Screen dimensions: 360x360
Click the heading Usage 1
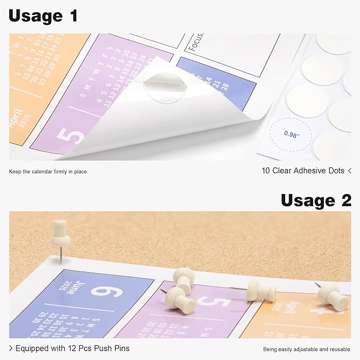tap(43, 16)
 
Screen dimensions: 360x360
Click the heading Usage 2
tap(315, 200)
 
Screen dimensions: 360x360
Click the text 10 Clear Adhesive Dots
tap(302, 171)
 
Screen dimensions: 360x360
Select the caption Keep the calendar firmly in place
tap(49, 171)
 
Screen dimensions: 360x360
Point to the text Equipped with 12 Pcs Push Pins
tap(72, 348)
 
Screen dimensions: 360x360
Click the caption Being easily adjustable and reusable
tap(307, 349)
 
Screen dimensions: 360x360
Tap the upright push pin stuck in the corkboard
tap(60, 233)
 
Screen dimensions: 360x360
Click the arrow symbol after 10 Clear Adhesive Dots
tap(349, 171)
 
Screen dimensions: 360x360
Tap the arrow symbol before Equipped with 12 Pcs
tap(11, 348)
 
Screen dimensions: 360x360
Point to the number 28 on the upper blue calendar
tap(225, 86)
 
